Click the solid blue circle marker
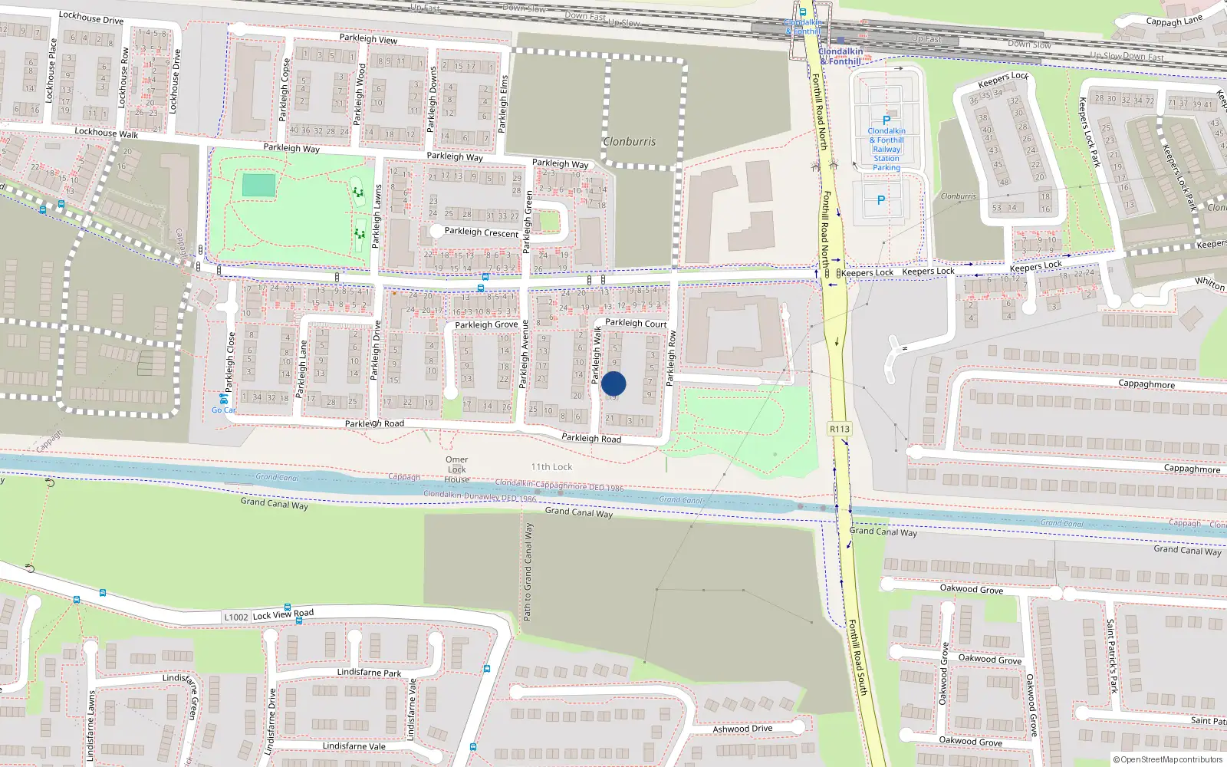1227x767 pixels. (613, 383)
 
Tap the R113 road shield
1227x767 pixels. (840, 429)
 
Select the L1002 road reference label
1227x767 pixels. (236, 617)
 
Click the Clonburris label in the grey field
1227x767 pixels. (629, 142)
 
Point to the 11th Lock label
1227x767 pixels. (551, 466)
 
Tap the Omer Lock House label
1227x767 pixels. (457, 469)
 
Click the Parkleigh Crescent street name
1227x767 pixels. (482, 232)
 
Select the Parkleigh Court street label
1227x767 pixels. (636, 323)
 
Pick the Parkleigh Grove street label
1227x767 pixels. (486, 324)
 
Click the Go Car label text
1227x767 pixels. (224, 410)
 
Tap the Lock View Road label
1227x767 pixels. (283, 614)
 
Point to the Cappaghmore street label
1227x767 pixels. (1146, 383)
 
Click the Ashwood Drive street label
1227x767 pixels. (742, 728)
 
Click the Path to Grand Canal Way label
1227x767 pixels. (528, 571)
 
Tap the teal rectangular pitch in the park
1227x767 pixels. (258, 186)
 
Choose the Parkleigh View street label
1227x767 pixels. (368, 38)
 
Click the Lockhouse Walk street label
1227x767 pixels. (107, 133)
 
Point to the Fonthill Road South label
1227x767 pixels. (857, 658)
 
